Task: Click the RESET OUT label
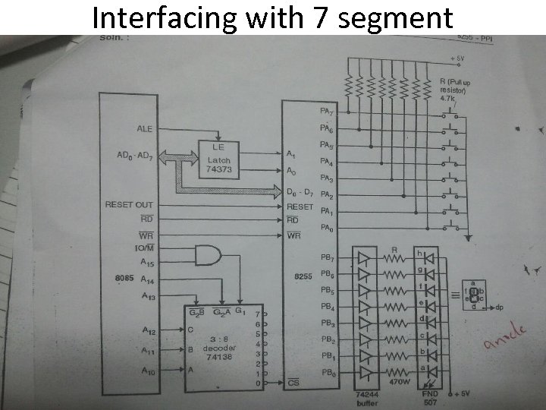(x=128, y=205)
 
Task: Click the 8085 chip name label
(x=124, y=278)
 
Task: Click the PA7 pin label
(x=327, y=111)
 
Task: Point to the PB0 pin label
(x=328, y=372)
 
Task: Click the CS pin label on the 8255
(x=294, y=383)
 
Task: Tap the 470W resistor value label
(x=400, y=383)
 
